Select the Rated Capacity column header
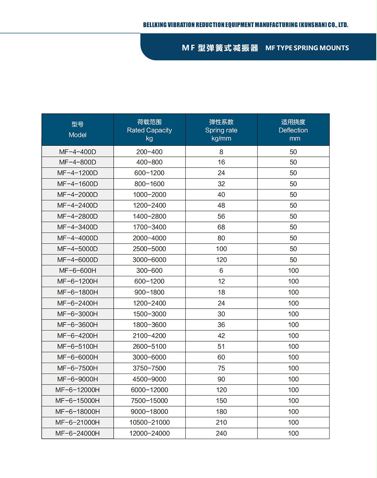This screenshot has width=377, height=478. [149, 130]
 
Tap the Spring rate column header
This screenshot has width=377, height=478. [221, 130]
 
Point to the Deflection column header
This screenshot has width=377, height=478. [293, 130]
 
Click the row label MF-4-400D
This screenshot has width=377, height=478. [77, 152]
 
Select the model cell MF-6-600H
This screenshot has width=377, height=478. [77, 271]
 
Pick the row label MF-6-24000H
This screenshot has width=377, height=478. [77, 433]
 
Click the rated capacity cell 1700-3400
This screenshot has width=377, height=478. [149, 227]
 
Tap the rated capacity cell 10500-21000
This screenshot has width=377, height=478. [149, 423]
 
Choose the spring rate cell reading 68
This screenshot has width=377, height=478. [221, 227]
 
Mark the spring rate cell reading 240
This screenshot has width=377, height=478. [221, 433]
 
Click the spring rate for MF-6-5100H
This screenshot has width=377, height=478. [221, 346]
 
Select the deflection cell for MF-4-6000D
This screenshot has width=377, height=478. [293, 260]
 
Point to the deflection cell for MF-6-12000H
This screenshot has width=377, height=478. [293, 390]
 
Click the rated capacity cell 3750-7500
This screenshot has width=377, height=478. [149, 368]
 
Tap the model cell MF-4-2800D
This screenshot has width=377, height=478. [77, 216]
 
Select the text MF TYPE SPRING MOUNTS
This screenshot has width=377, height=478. [307, 48]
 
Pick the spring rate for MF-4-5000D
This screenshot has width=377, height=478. [221, 249]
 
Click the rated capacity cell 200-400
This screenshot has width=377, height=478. [149, 152]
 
